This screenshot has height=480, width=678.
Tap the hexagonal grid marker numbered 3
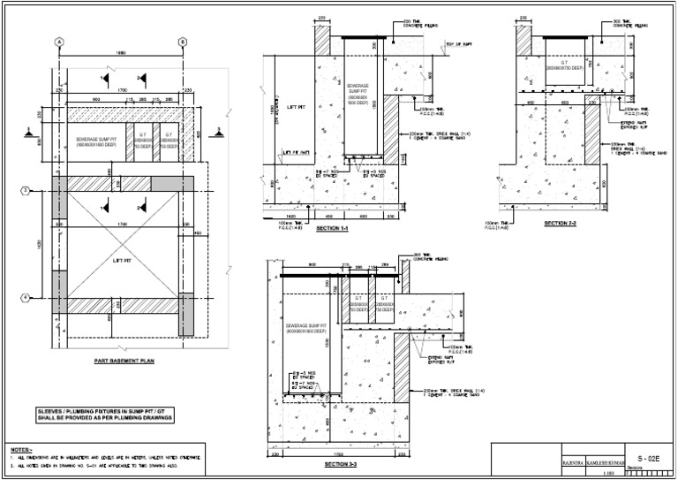(x=26, y=190)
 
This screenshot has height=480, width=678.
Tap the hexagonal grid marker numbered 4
(x=26, y=296)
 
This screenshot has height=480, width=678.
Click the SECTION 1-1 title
(x=331, y=229)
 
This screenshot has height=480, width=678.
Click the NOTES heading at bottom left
(x=20, y=448)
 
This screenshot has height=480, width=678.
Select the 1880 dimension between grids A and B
(x=121, y=54)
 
